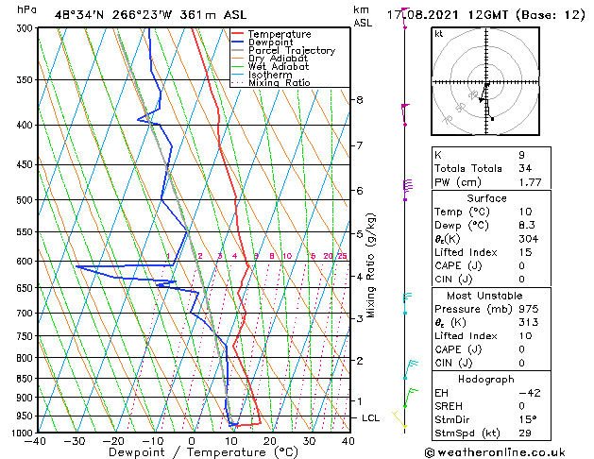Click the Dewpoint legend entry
270,42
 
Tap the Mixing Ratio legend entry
280,83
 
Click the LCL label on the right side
371,417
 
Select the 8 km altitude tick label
360,99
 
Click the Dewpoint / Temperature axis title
192,451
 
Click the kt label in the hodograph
438,33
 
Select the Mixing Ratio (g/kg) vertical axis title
372,265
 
